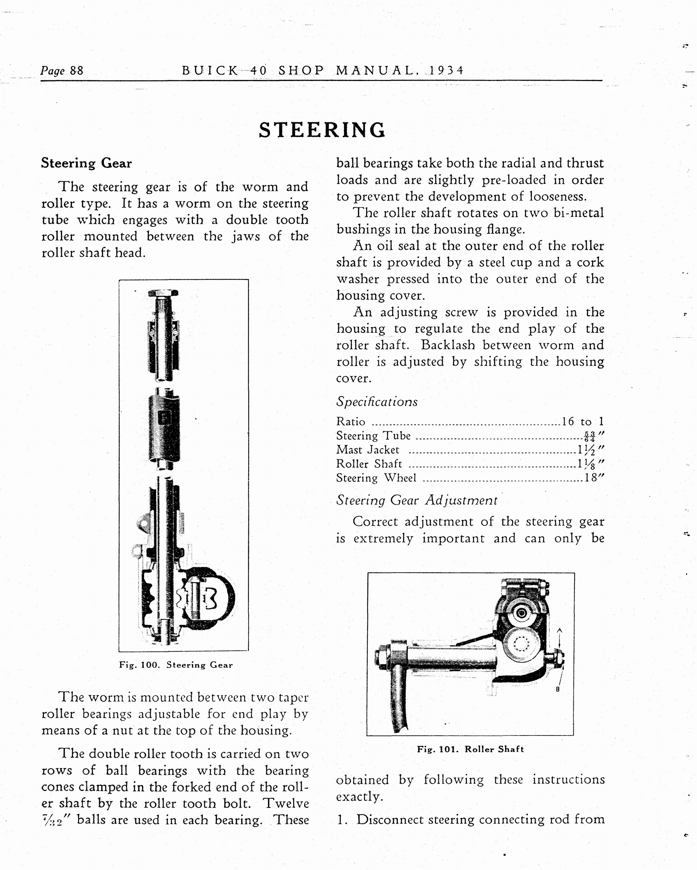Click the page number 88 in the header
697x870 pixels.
(x=76, y=71)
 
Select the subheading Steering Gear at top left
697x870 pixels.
(x=86, y=163)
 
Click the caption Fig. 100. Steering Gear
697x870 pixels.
(x=176, y=665)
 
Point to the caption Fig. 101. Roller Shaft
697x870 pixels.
(x=470, y=749)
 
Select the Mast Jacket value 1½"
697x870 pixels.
(x=590, y=450)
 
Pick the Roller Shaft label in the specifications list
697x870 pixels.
(x=369, y=464)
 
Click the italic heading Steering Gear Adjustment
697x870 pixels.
(x=416, y=500)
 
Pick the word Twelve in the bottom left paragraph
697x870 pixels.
(x=286, y=803)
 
